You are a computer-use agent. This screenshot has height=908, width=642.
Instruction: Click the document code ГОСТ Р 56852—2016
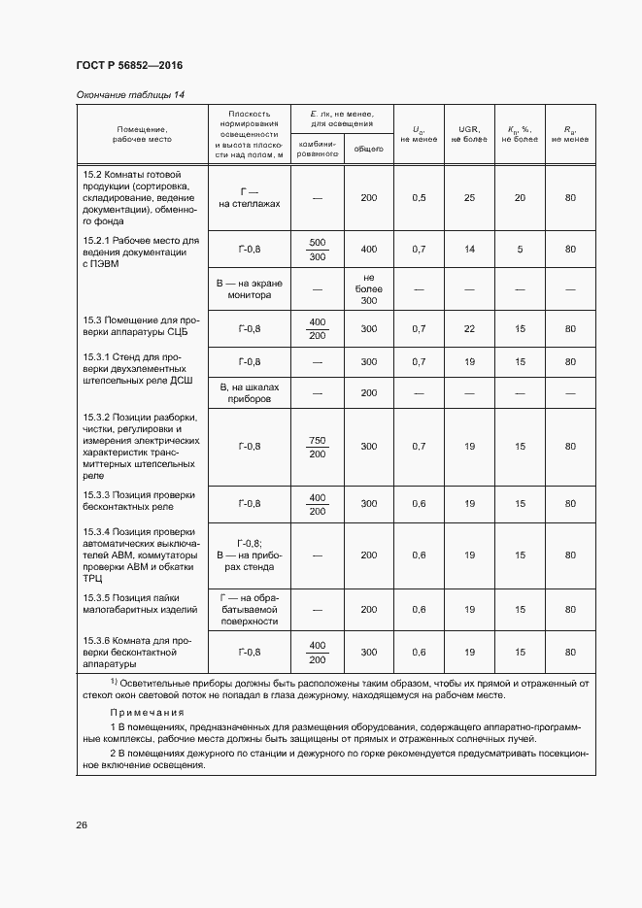[x=128, y=65]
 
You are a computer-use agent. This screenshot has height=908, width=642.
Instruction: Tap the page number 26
[x=82, y=824]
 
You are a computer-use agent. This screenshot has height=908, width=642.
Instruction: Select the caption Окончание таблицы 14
[x=129, y=94]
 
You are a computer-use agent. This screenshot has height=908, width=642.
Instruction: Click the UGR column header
[x=469, y=133]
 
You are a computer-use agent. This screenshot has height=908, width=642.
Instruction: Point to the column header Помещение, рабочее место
[x=142, y=133]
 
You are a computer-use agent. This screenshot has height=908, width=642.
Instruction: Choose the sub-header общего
[x=368, y=150]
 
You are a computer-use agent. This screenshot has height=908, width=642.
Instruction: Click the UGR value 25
[x=469, y=198]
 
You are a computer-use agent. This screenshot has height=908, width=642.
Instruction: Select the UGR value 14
[x=469, y=250]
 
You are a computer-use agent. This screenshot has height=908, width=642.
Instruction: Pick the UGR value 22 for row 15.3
[x=469, y=329]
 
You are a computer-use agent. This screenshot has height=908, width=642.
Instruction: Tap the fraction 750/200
[x=317, y=447]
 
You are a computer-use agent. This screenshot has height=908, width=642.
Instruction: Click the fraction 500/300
[x=317, y=250]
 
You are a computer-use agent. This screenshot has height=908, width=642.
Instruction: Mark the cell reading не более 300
[x=368, y=289]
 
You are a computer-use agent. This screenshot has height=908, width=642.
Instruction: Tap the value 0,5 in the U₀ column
[x=419, y=198]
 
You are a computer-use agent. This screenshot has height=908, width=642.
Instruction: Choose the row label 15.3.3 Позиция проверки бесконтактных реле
[x=140, y=501]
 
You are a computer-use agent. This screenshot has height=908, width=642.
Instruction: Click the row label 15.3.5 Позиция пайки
[x=140, y=603]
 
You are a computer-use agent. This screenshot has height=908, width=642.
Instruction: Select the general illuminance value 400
[x=368, y=250]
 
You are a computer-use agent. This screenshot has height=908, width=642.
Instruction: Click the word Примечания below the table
[x=145, y=713]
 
